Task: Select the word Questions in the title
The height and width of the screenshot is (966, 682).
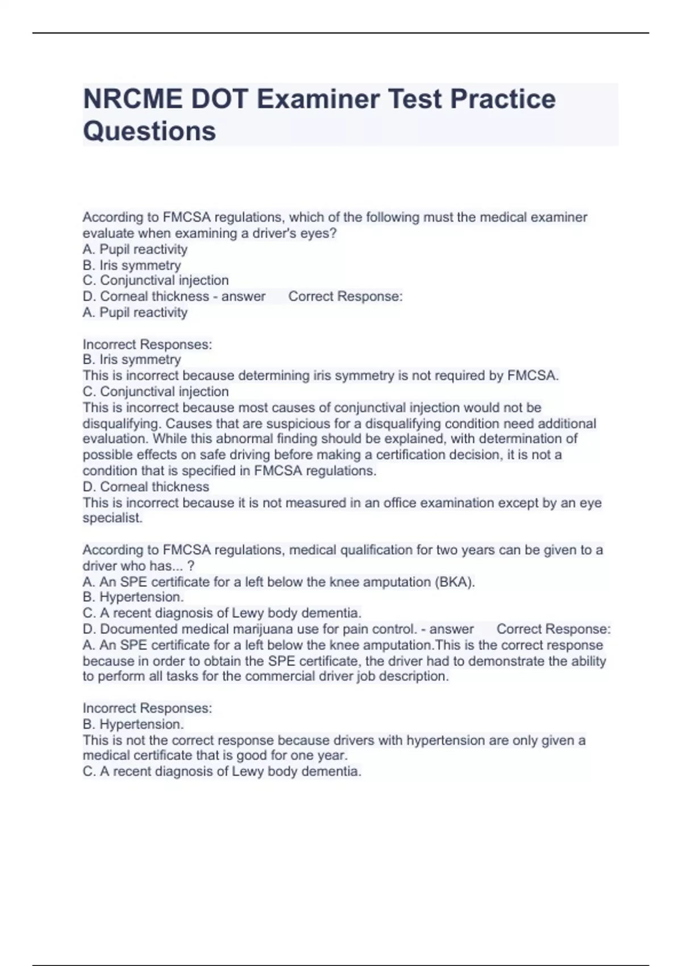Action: coord(149,131)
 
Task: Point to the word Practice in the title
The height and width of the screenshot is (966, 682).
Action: coord(503,99)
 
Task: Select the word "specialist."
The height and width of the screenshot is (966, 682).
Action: coord(113,518)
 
